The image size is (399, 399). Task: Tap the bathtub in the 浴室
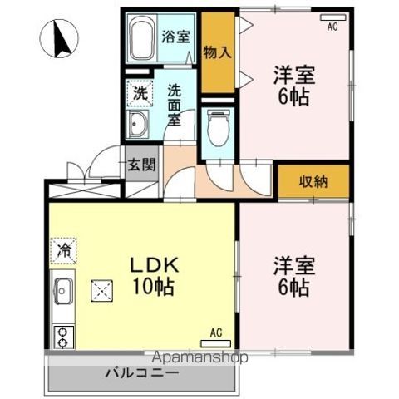tap(141, 37)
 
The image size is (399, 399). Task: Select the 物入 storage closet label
tap(219, 52)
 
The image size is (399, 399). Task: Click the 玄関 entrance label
tap(140, 164)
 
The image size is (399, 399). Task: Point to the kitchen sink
tap(63, 293)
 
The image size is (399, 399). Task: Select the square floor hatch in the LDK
tap(103, 290)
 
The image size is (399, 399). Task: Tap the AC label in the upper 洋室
tap(332, 27)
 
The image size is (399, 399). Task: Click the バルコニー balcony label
tap(141, 372)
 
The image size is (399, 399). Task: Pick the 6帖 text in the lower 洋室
tap(293, 288)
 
